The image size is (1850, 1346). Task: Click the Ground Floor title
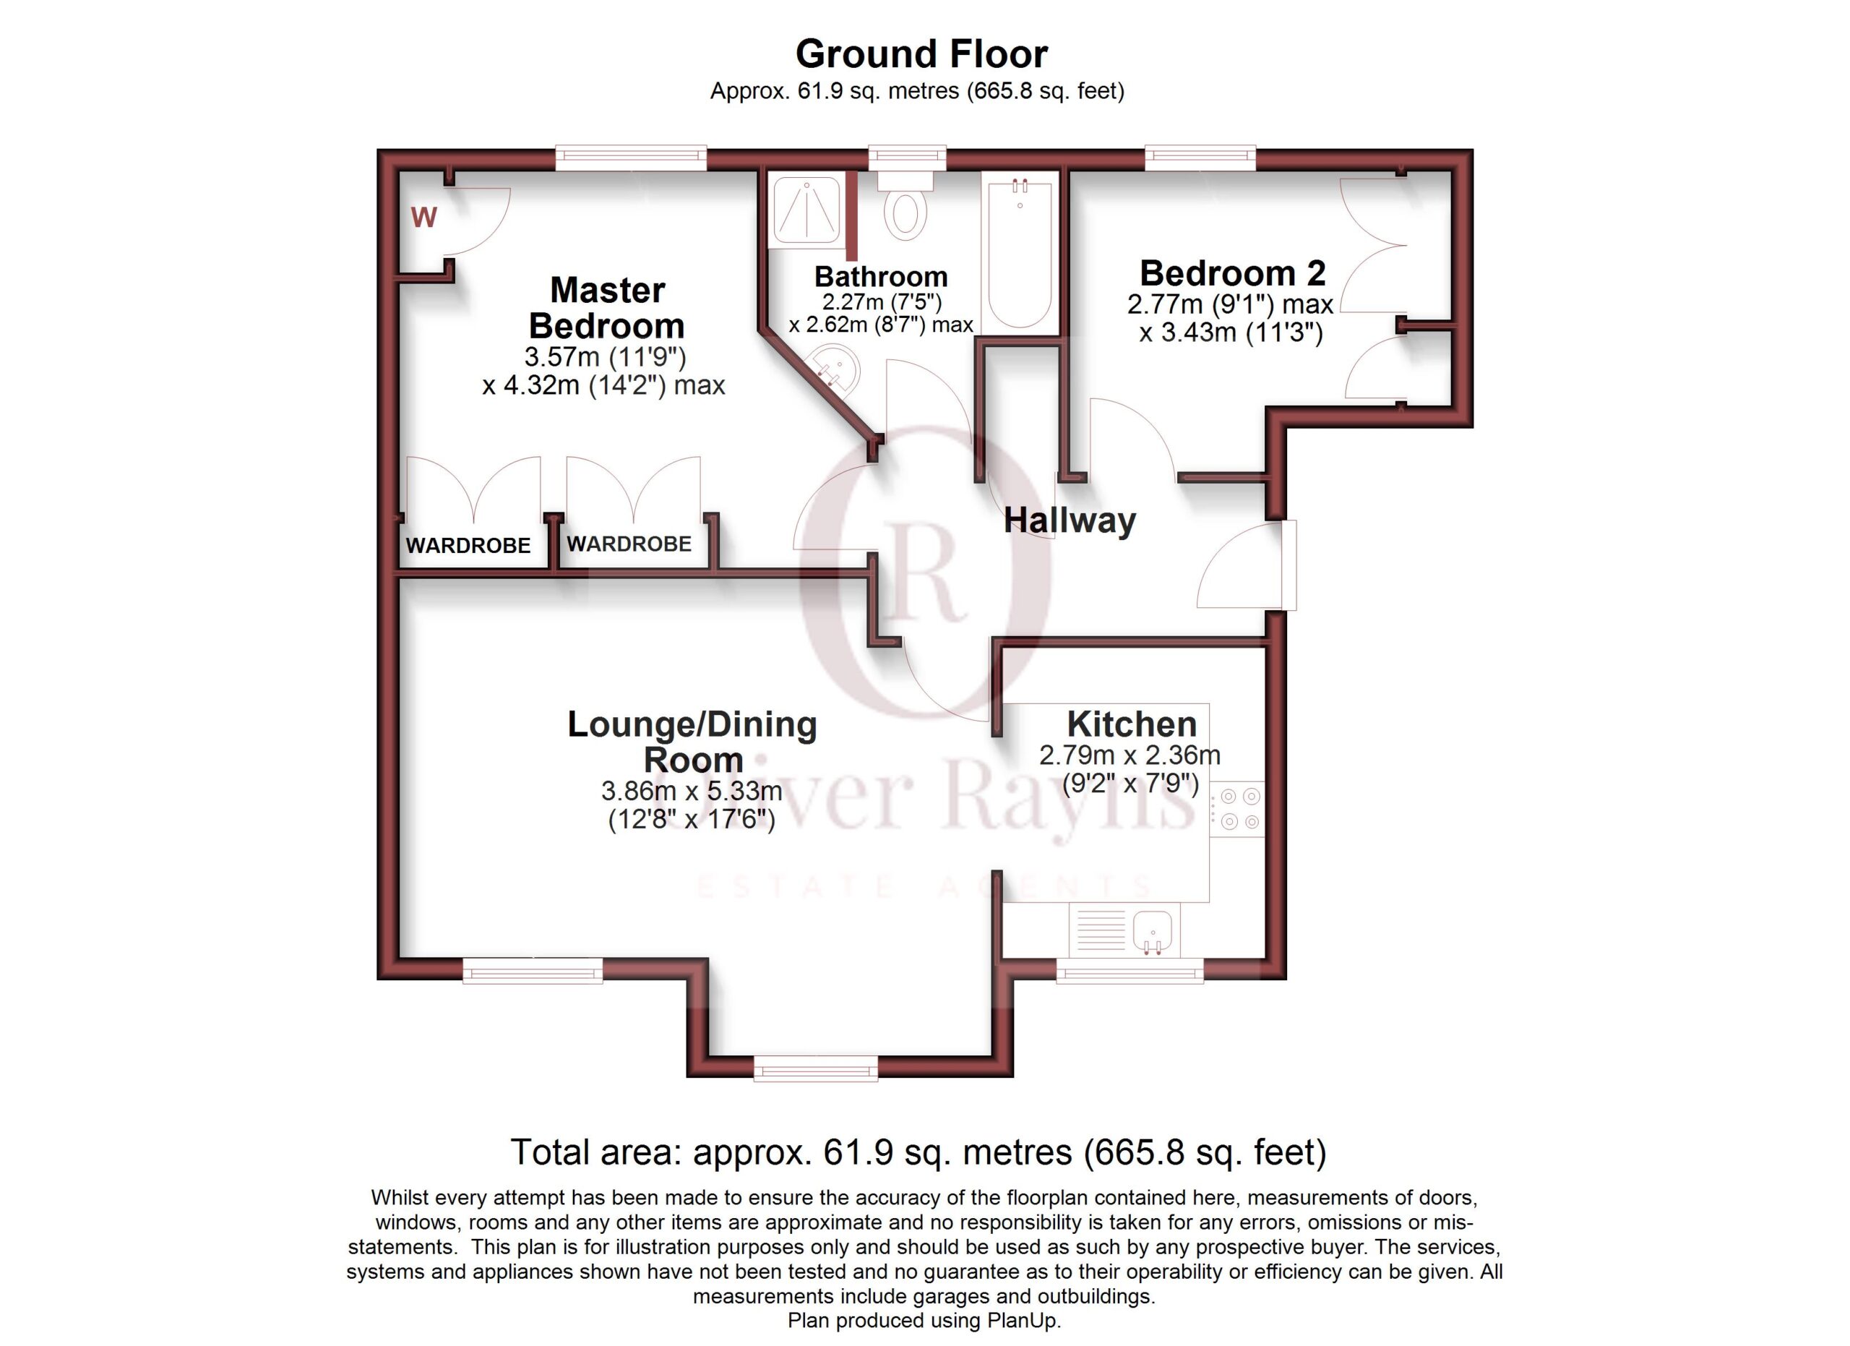921,55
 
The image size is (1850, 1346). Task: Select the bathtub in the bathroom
1020,253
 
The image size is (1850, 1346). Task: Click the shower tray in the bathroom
806,210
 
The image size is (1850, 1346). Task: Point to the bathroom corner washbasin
834,372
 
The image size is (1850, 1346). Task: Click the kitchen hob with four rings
1236,808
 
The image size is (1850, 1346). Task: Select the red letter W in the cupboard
424,217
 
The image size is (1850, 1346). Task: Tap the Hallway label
1070,520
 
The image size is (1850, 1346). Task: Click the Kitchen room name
1132,724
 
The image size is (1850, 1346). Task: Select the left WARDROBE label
468,546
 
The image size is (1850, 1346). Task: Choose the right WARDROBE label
629,544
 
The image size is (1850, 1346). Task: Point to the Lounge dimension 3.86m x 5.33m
692,791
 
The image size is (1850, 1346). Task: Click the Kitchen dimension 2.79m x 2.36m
1130,755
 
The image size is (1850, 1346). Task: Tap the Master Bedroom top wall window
631,158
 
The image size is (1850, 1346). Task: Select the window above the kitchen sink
1130,970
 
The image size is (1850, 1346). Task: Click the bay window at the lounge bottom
816,1067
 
